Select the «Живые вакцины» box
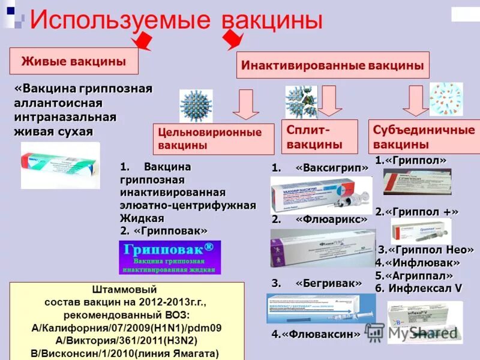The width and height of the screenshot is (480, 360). pyautogui.click(x=74, y=61)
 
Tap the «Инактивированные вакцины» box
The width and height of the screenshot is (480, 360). pyautogui.click(x=333, y=65)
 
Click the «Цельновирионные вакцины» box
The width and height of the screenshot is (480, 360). pyautogui.click(x=209, y=139)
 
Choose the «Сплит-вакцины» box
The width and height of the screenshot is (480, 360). pyautogui.click(x=319, y=136)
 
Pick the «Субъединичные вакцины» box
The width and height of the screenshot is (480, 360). pyautogui.click(x=424, y=137)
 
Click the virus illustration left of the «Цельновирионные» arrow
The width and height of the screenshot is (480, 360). pyautogui.click(x=196, y=106)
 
